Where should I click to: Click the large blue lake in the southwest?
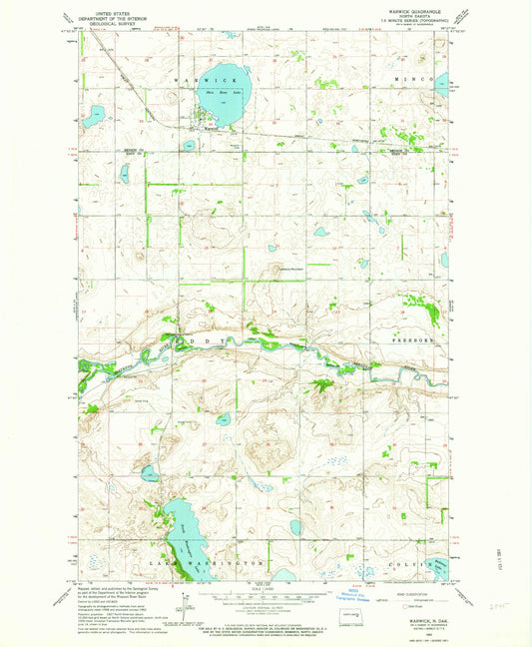pos(183,539)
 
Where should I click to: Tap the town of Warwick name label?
pos(209,128)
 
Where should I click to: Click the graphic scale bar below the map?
pos(265,597)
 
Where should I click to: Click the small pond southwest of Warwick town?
pos(188,146)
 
